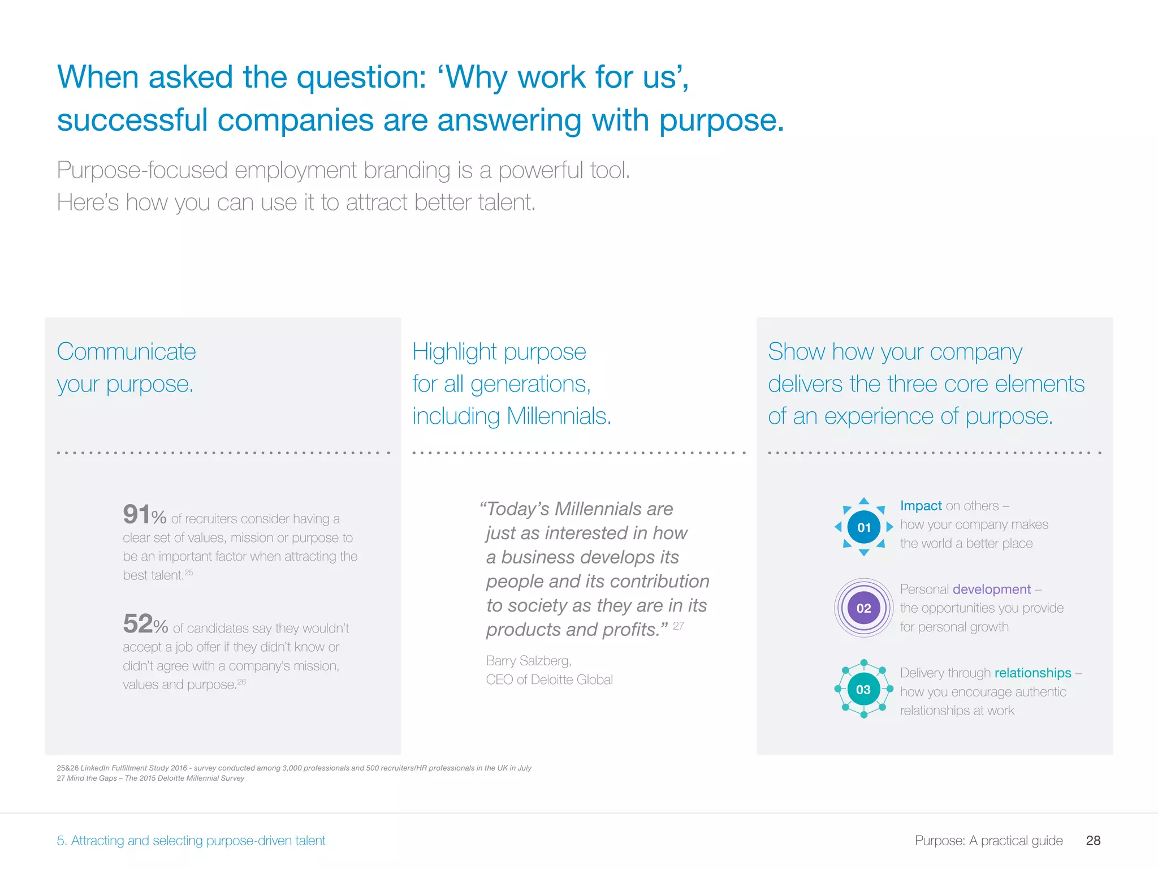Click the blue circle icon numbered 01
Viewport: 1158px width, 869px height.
coord(863,527)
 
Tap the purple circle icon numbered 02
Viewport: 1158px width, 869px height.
coord(863,608)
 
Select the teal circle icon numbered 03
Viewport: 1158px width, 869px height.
coord(863,689)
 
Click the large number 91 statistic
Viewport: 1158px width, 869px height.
coord(137,514)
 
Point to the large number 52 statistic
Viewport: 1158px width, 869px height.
coord(137,623)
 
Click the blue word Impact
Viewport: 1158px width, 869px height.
coord(921,505)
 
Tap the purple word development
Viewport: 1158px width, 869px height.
coord(991,589)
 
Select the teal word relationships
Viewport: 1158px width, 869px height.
coord(1032,673)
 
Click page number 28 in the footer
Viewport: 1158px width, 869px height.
coord(1093,840)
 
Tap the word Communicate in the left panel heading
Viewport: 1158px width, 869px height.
coord(126,352)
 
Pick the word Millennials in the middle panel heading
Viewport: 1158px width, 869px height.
coord(559,416)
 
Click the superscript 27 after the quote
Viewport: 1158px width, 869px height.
coord(679,626)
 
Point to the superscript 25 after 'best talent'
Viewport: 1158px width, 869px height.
coord(189,573)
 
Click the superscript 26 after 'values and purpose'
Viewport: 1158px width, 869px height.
coord(241,682)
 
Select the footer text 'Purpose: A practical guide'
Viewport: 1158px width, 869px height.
coord(988,840)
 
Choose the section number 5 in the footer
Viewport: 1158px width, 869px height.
coord(61,840)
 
